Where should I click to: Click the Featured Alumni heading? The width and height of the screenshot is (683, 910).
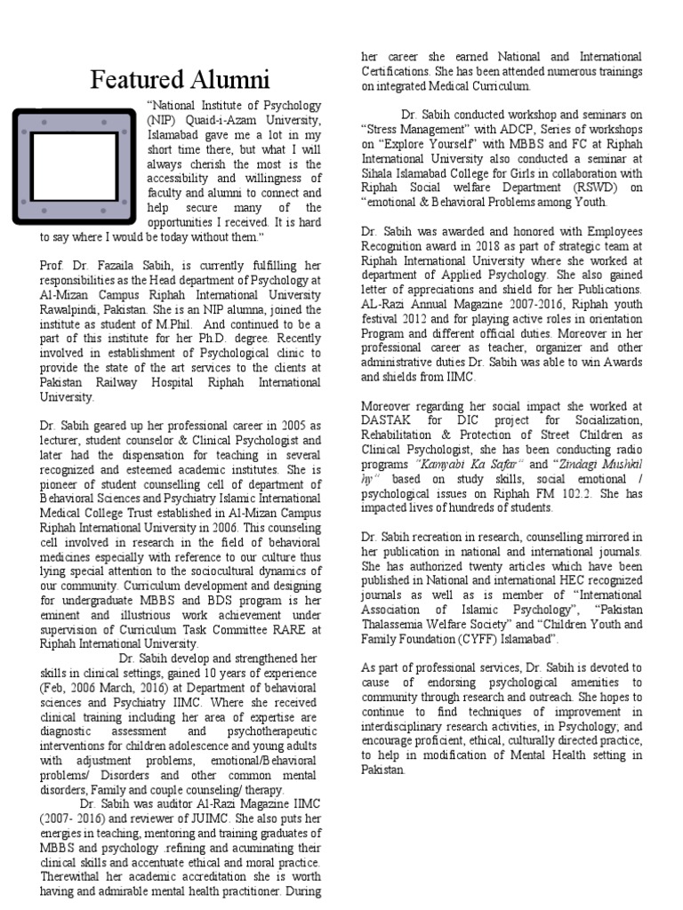click(179, 82)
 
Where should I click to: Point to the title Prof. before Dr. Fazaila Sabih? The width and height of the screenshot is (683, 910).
click(52, 265)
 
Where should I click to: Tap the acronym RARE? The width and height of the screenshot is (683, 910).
click(272, 628)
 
